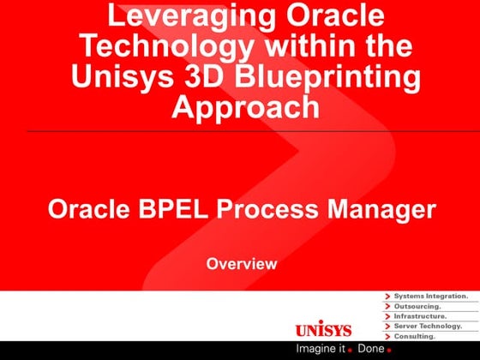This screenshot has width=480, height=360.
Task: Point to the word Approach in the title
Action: tap(246, 106)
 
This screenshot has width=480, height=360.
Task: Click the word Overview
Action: tap(242, 264)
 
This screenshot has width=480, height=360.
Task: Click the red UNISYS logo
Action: tap(323, 330)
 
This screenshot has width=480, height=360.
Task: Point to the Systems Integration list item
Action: tap(430, 296)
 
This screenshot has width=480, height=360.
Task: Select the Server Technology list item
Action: tap(428, 326)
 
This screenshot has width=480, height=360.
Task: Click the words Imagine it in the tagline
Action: tap(320, 349)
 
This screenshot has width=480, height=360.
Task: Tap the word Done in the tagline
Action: tap(370, 349)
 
